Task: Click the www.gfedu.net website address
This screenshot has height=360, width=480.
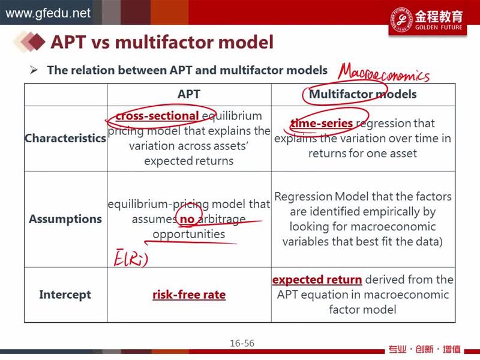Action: click(x=48, y=13)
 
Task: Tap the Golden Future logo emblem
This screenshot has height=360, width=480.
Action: click(x=401, y=19)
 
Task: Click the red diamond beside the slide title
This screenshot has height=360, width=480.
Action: click(x=36, y=41)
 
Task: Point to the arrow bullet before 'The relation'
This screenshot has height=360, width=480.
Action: click(x=34, y=70)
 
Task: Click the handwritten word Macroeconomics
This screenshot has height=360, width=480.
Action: click(x=383, y=73)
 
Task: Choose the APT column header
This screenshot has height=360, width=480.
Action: click(x=189, y=94)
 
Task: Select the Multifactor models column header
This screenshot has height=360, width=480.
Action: click(x=363, y=94)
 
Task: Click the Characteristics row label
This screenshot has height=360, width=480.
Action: click(x=65, y=139)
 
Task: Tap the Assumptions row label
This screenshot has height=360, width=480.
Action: click(x=65, y=219)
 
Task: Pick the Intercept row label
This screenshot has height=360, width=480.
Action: click(x=65, y=295)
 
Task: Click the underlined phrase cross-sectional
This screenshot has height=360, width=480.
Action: click(x=157, y=116)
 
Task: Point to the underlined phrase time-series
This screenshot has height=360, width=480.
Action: click(x=322, y=124)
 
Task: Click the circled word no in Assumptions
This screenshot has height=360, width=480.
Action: click(x=187, y=219)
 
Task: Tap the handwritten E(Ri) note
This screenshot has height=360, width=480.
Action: click(x=131, y=257)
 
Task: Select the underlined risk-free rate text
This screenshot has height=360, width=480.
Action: click(x=189, y=295)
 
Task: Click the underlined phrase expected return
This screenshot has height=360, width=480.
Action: click(x=317, y=280)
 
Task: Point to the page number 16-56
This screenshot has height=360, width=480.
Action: click(x=242, y=343)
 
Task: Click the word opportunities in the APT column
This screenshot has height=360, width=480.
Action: click(x=189, y=234)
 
